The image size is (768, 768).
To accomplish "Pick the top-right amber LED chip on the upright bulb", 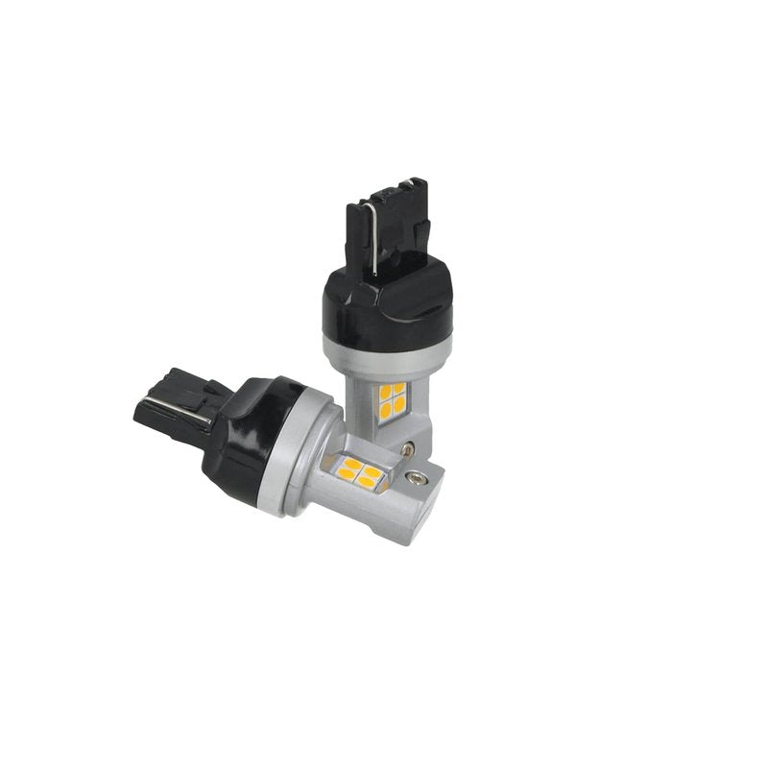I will tap(399, 389).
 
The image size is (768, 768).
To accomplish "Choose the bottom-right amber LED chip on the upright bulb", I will tap(399, 405).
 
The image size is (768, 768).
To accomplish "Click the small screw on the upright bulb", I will tap(410, 446).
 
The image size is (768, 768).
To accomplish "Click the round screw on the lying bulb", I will tap(419, 474).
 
